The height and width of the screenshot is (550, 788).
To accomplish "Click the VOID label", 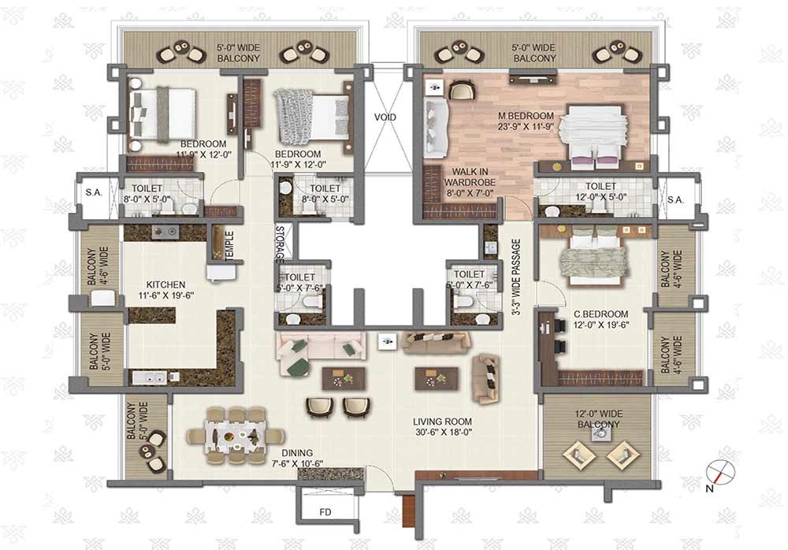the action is coord(385,117).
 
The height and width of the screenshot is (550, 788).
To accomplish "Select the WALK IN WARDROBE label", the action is coord(470,177).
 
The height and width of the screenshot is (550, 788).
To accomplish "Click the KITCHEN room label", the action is coord(165,284).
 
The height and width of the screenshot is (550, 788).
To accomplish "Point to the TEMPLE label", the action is coord(229,246).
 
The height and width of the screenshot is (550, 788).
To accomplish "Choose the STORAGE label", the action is coord(280,243).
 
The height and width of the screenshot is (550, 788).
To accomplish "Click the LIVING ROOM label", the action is coord(442,422).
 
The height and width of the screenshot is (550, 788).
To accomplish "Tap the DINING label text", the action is coord(297,453).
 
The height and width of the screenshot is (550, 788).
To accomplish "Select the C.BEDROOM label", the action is coord(601,314).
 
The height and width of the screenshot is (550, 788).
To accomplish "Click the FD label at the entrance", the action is coord(325,512).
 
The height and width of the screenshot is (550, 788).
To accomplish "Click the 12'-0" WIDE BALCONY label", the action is coord(598,419).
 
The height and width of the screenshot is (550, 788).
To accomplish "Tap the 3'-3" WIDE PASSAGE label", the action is coord(516,277).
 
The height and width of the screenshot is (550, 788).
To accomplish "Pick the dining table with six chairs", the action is coord(235,435).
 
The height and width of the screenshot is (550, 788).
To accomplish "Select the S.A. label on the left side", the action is coord(94,192).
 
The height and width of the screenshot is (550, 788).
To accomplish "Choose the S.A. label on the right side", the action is coord(675,199).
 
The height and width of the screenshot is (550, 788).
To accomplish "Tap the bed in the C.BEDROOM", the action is coord(593,256).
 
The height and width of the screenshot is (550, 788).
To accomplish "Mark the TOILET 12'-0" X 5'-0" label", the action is coord(600,191).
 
